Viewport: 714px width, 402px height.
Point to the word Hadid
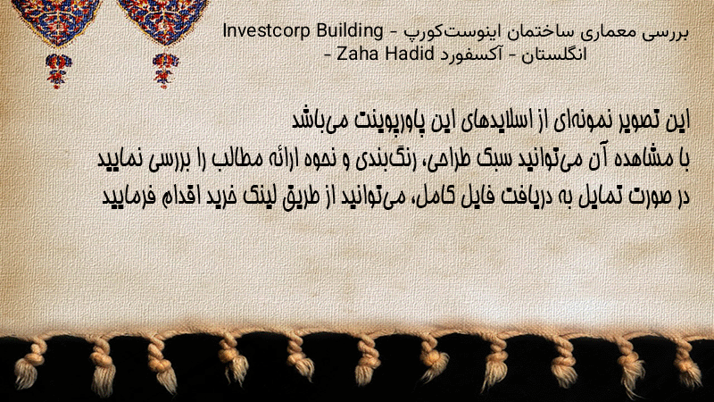point(409,54)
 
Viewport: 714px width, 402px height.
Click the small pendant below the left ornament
point(57,70)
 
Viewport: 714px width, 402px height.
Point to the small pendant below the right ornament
point(165,70)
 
